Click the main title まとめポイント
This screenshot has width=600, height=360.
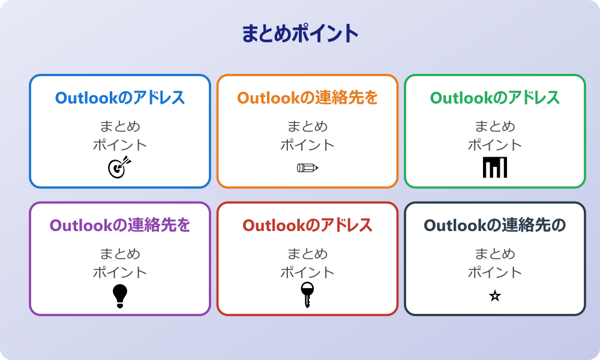(300, 34)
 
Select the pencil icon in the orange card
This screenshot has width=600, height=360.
(307, 167)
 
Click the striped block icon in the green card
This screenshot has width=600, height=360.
(495, 167)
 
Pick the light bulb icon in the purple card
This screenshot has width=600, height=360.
(120, 295)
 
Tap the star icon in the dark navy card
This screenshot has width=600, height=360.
(495, 296)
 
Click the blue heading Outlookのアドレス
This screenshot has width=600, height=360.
(120, 98)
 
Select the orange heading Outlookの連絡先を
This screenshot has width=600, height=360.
(307, 98)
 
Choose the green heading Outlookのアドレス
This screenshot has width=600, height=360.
(495, 98)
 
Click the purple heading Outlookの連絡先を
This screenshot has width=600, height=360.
(120, 226)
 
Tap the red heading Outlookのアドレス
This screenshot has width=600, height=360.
(307, 226)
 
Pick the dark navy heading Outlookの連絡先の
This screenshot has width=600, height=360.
(495, 226)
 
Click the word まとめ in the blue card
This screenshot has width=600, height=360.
(120, 127)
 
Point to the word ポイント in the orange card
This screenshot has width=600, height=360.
(307, 145)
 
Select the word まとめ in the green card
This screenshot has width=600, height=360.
(495, 127)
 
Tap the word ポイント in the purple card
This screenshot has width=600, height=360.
(120, 273)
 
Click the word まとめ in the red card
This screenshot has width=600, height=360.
(307, 254)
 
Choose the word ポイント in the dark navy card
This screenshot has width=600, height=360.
(495, 273)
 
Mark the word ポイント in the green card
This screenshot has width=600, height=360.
(495, 145)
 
